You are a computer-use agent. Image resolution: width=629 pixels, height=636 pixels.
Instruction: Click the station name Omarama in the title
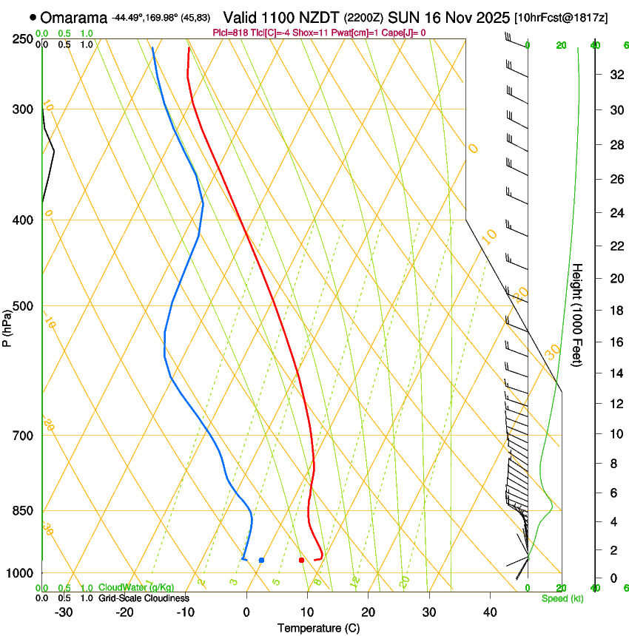[74, 17]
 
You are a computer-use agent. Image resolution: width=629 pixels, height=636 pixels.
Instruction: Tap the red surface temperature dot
[301, 560]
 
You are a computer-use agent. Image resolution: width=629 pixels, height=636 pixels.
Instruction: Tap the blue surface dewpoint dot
[261, 560]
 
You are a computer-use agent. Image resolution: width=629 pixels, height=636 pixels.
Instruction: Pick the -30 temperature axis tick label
[64, 612]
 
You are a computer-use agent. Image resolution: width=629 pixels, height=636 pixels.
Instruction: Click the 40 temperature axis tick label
[489, 612]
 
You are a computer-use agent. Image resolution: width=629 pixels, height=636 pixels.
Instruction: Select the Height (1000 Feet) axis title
[577, 314]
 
